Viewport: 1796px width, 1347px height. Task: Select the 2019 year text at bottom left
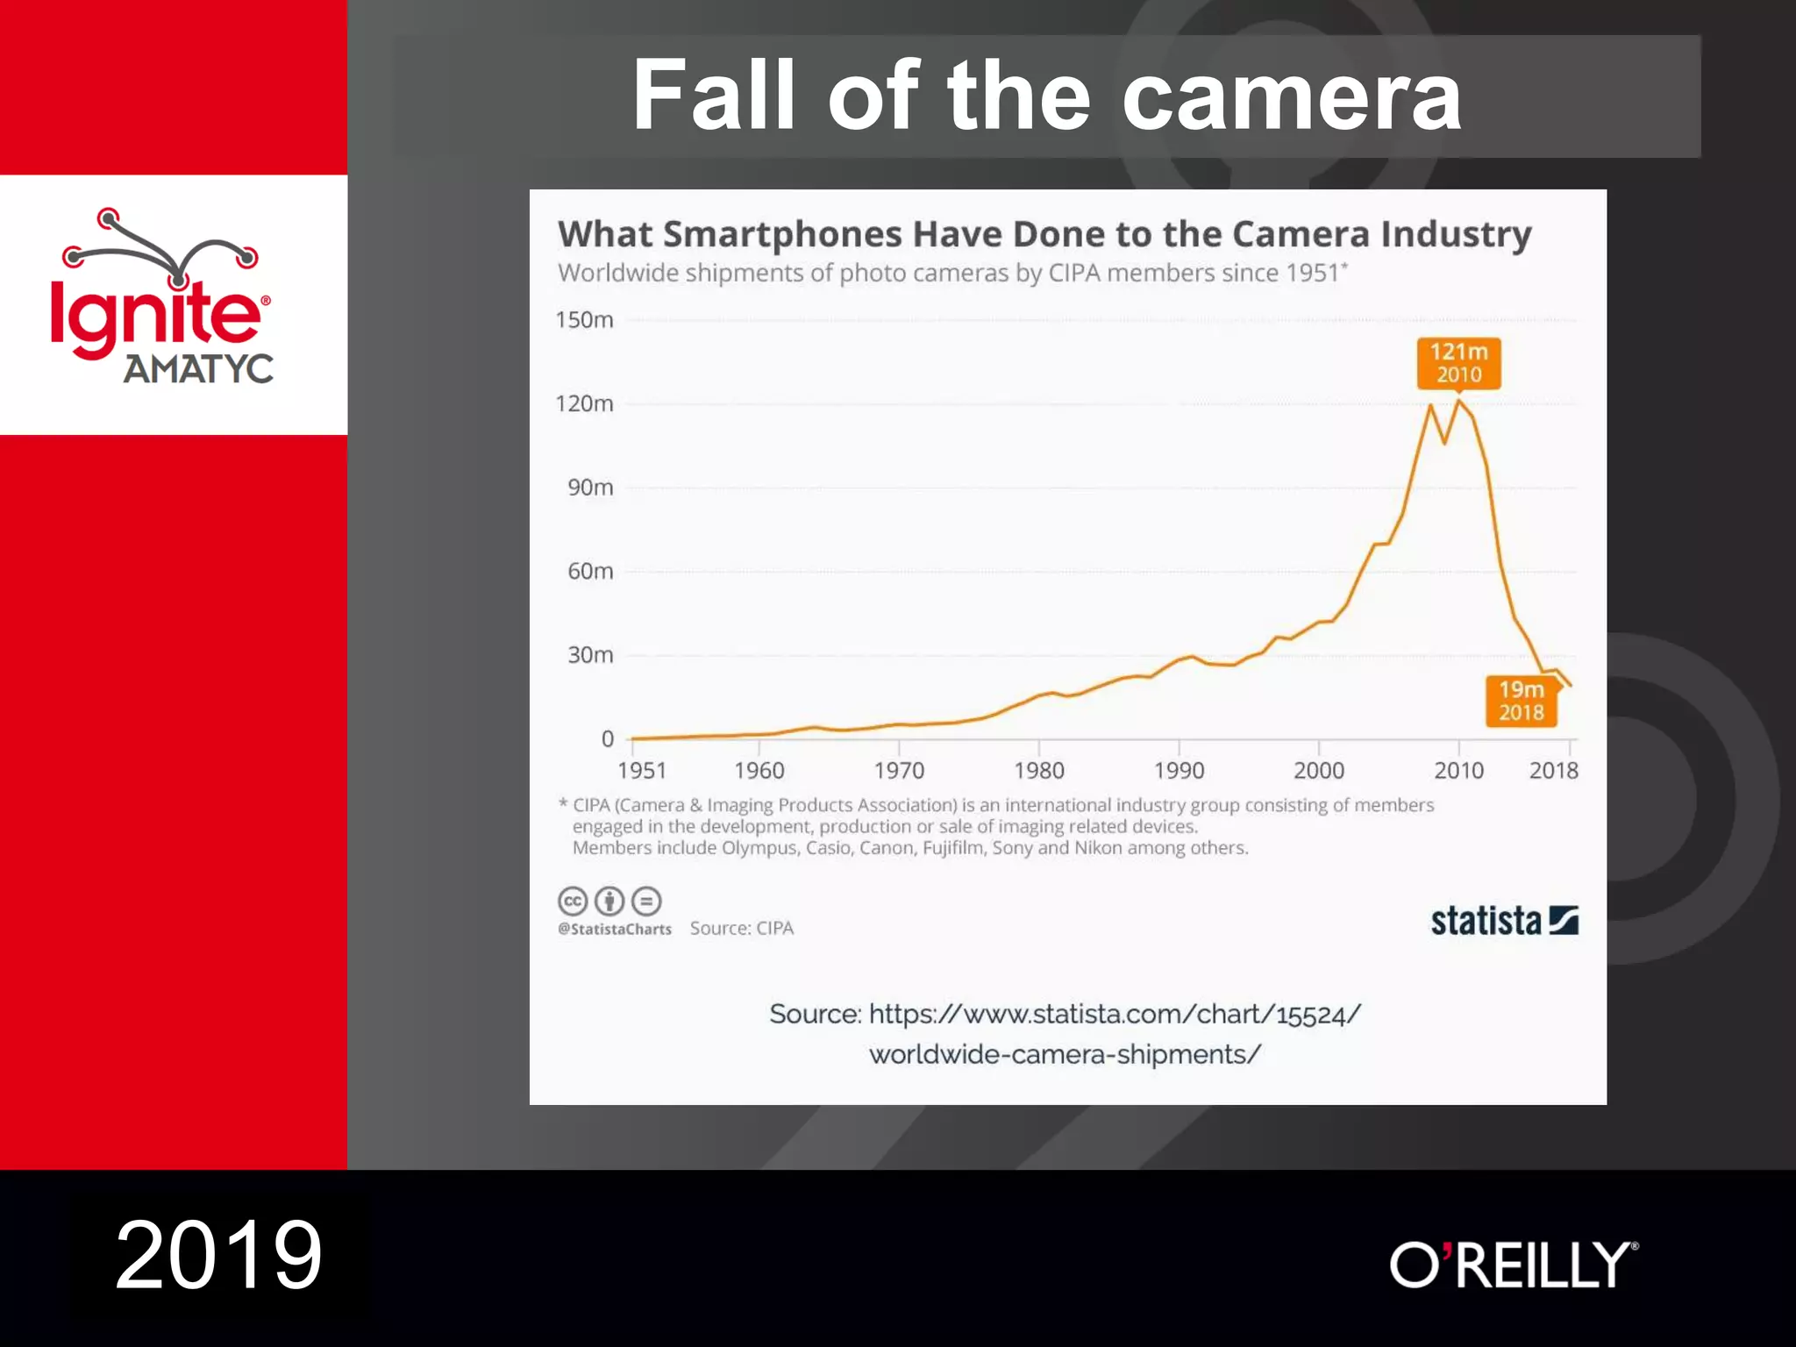click(x=219, y=1256)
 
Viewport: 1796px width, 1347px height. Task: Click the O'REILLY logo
click(x=1514, y=1264)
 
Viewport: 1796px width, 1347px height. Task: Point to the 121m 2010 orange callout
click(x=1458, y=363)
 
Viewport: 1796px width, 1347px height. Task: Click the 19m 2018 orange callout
click(x=1521, y=702)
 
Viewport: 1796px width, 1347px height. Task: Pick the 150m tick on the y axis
click(x=584, y=320)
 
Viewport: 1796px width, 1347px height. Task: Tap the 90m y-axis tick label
click(x=589, y=488)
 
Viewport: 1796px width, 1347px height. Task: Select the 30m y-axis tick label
click(x=589, y=655)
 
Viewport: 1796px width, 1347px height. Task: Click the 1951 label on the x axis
click(x=642, y=771)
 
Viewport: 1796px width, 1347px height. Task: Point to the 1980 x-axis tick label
click(x=1038, y=771)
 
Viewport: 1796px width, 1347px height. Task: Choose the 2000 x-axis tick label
click(x=1318, y=771)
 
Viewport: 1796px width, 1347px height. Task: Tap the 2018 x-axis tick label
click(x=1553, y=771)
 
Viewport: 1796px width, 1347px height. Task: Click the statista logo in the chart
click(x=1504, y=921)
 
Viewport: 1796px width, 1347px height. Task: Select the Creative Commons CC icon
click(x=573, y=901)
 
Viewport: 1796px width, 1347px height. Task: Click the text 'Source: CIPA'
click(x=741, y=929)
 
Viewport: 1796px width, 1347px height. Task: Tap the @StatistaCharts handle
click(x=615, y=930)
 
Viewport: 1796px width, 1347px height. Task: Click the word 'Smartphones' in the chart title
click(x=782, y=235)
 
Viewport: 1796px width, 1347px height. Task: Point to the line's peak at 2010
click(x=1458, y=402)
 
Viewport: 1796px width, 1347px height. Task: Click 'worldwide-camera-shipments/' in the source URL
click(x=1065, y=1054)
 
